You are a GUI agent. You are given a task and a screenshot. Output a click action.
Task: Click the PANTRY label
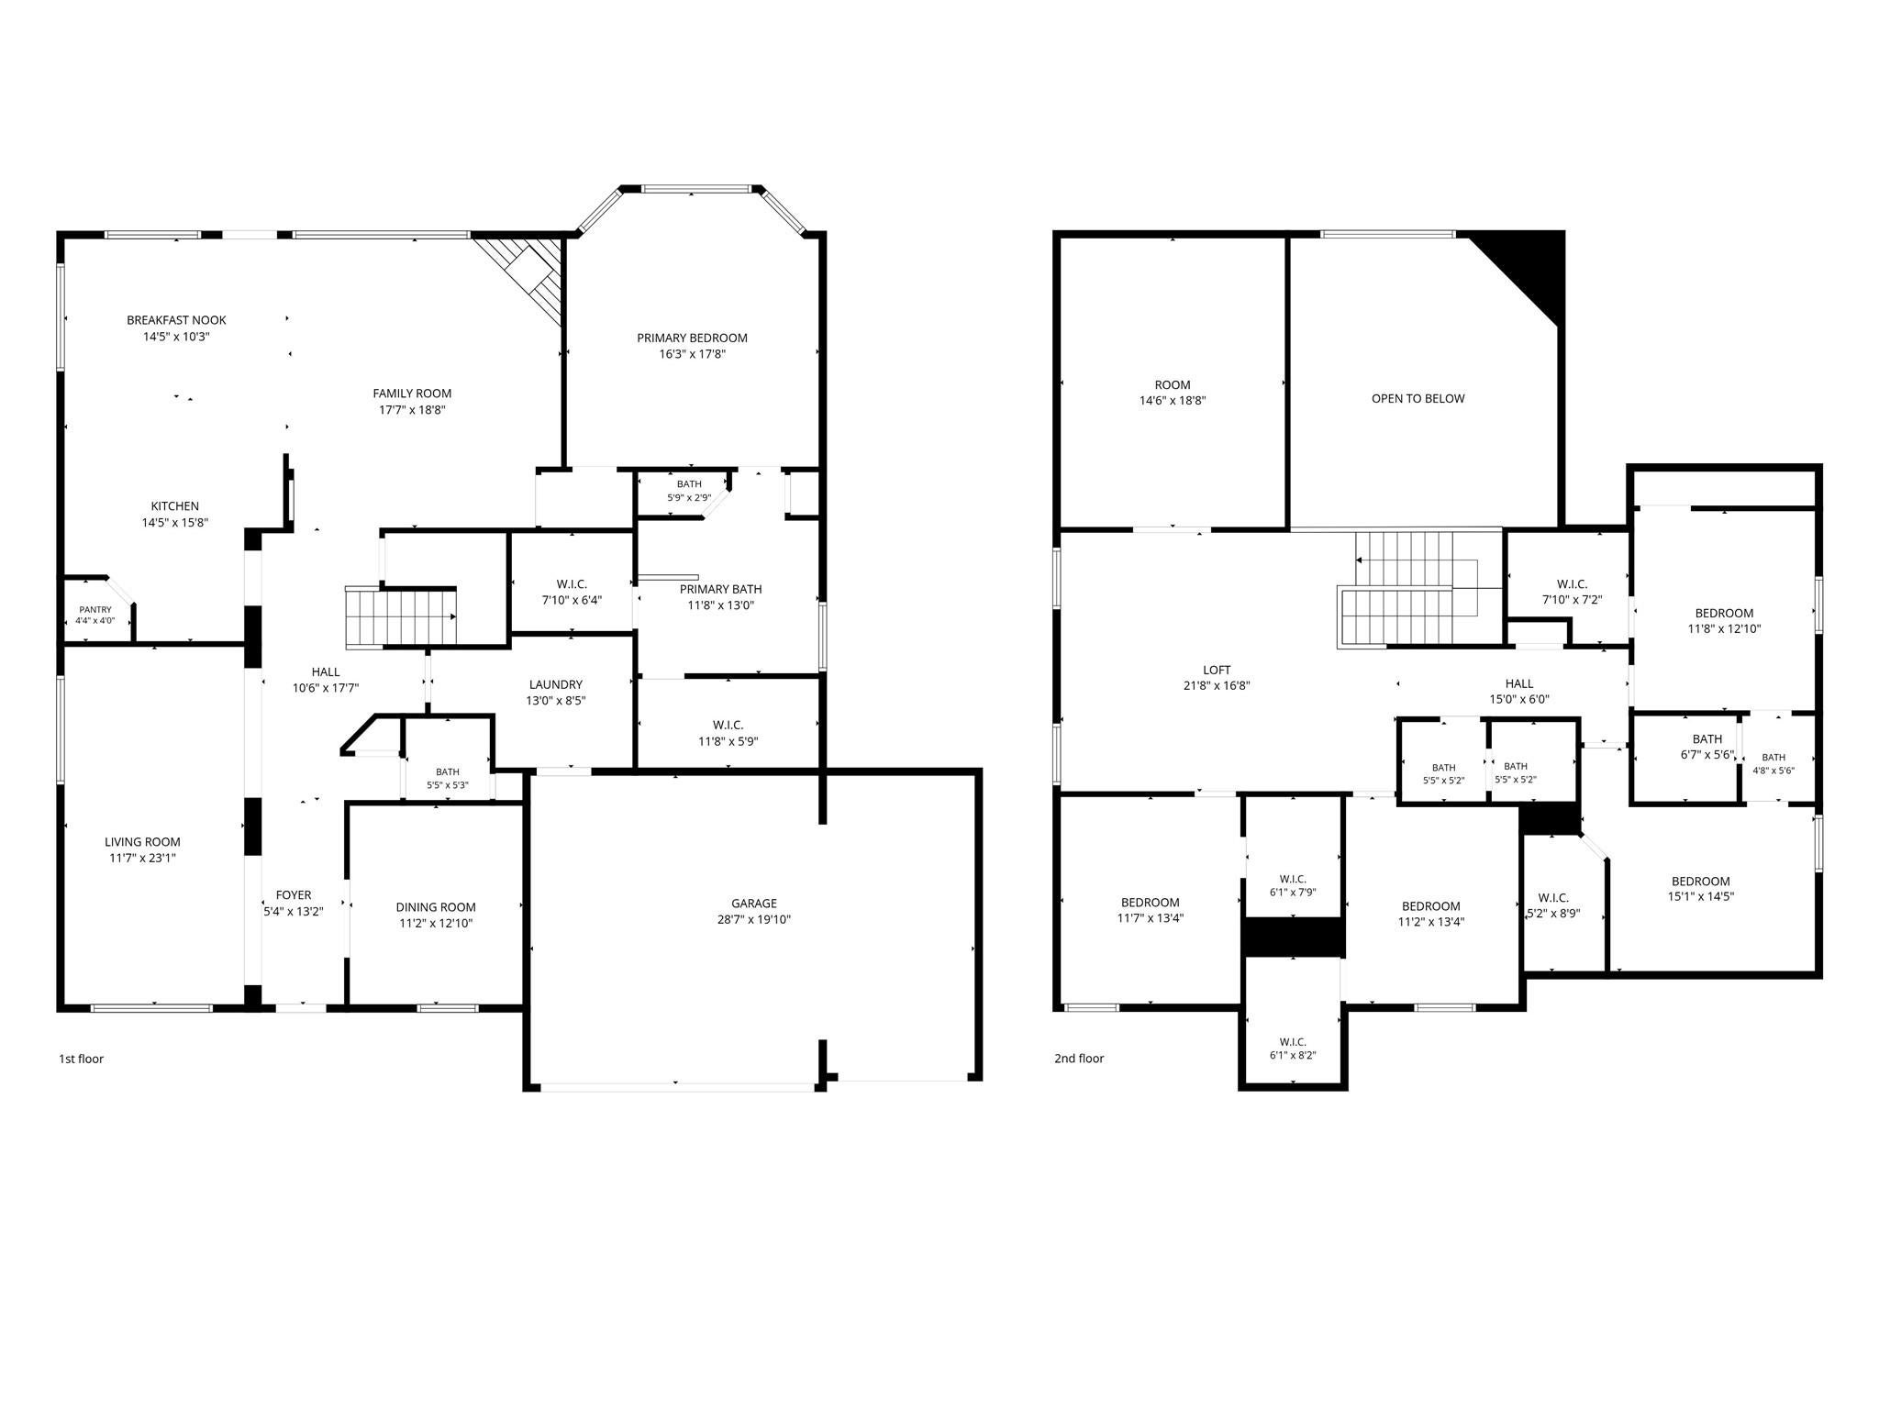(x=95, y=609)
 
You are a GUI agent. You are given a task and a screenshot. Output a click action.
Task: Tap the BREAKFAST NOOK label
(x=176, y=320)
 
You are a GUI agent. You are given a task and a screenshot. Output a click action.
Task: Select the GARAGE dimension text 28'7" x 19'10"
(x=754, y=919)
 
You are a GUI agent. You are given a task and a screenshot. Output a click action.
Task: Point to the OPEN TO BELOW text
(x=1418, y=398)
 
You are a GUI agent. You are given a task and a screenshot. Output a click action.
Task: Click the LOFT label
(x=1217, y=670)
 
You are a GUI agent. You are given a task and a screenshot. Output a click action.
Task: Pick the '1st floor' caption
(x=82, y=1059)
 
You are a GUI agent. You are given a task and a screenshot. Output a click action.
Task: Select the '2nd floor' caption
(x=1079, y=1059)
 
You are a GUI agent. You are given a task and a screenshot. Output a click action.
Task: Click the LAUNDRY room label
(x=555, y=684)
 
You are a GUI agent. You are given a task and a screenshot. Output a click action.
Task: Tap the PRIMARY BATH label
(x=721, y=589)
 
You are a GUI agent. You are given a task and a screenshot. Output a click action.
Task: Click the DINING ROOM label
(x=436, y=907)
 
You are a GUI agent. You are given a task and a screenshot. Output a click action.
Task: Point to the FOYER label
(x=294, y=895)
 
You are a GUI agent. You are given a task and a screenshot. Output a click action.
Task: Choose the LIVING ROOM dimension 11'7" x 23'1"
(x=141, y=859)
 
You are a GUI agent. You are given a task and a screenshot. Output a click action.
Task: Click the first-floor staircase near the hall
(x=401, y=617)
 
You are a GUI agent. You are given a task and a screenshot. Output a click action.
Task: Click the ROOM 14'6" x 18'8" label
(x=1173, y=393)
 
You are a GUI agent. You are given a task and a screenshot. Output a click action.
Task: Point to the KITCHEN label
(x=175, y=506)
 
